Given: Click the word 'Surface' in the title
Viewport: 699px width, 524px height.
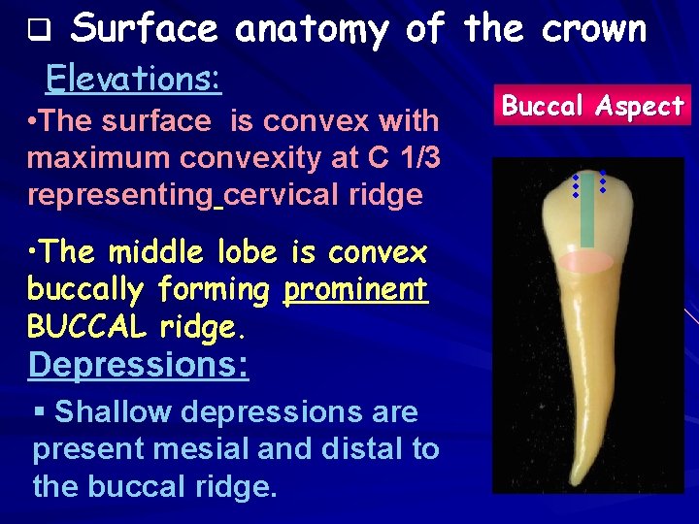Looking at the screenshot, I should tap(145, 29).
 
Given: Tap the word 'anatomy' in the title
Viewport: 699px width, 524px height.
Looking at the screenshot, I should tap(311, 29).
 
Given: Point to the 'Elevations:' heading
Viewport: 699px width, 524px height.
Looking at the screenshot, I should tap(134, 77).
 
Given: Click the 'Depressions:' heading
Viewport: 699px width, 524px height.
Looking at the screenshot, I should tap(139, 365).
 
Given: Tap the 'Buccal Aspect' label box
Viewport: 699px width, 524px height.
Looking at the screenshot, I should tap(592, 106).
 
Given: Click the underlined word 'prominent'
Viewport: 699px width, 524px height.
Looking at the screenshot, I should tap(355, 288).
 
